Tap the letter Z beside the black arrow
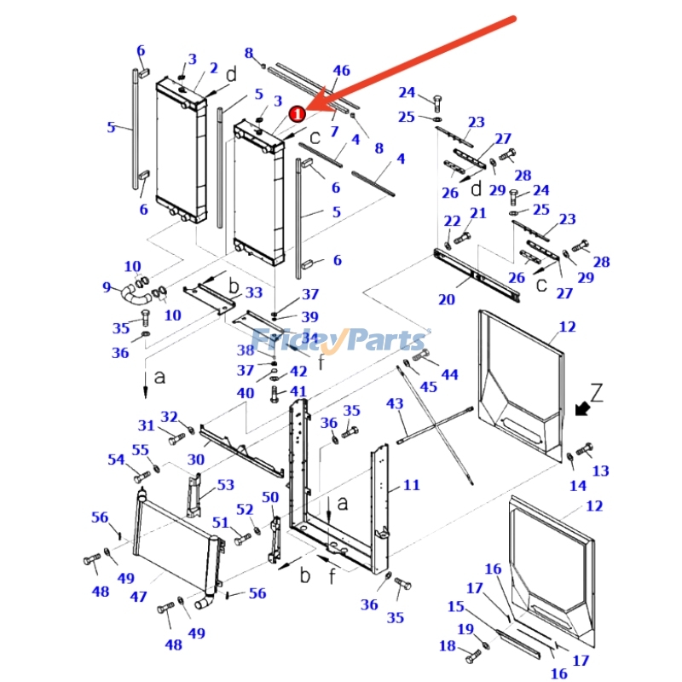(x=597, y=393)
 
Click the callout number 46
(x=341, y=70)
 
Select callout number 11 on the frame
(x=412, y=485)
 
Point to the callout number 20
(x=447, y=299)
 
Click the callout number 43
(x=395, y=403)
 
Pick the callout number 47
(x=138, y=598)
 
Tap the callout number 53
(x=225, y=485)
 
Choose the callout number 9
(x=107, y=287)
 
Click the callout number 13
(x=601, y=471)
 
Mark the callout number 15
(x=455, y=606)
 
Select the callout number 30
(x=196, y=459)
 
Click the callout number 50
(x=270, y=497)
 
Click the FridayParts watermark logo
(x=341, y=341)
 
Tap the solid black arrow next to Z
(x=584, y=409)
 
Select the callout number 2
(x=213, y=68)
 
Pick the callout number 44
(x=449, y=374)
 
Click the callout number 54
(x=116, y=459)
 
